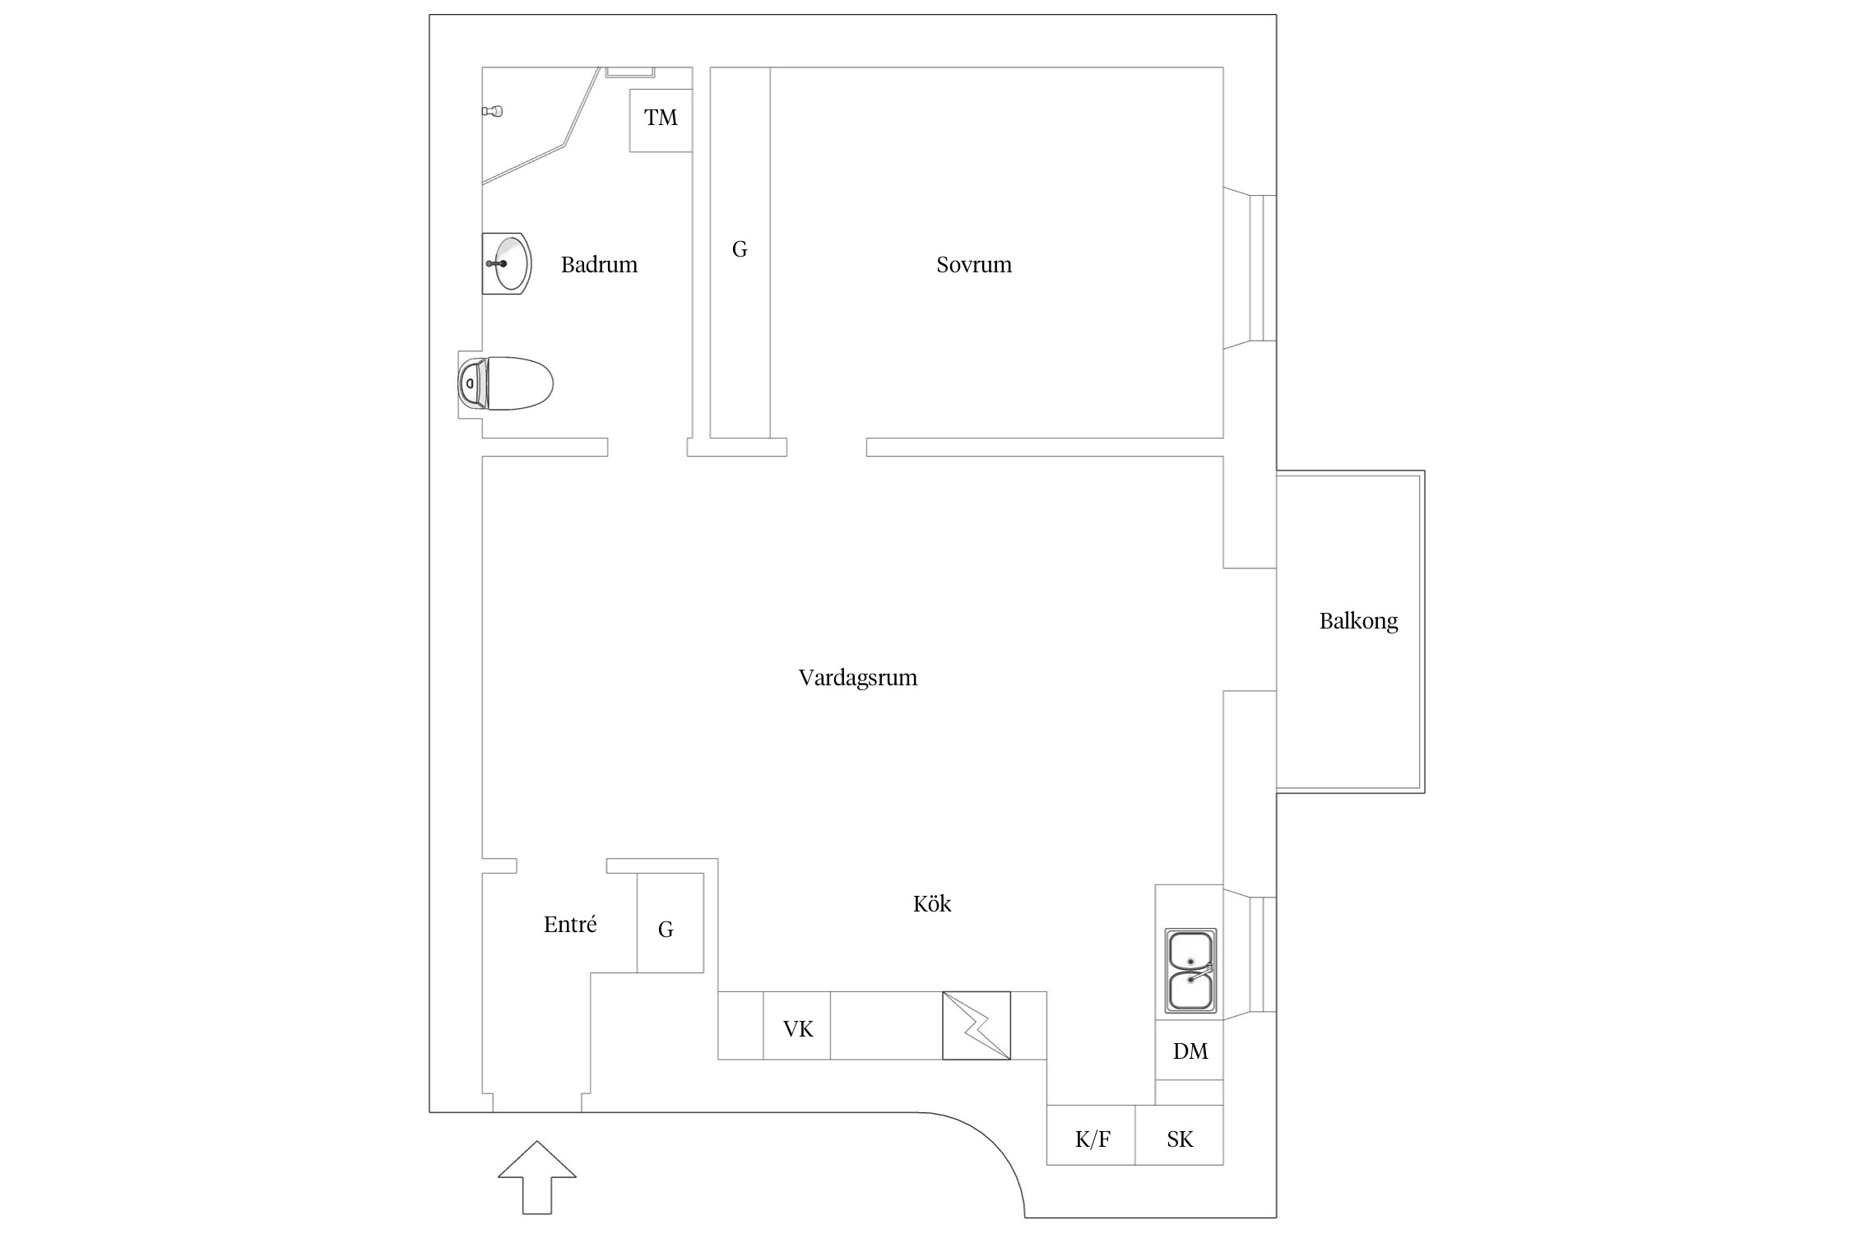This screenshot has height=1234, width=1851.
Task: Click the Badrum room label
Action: pyautogui.click(x=599, y=265)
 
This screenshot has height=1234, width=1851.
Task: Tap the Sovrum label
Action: pyautogui.click(x=974, y=265)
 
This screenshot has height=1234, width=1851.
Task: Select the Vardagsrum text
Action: pyautogui.click(x=858, y=679)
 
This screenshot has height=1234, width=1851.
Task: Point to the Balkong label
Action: pyautogui.click(x=1358, y=621)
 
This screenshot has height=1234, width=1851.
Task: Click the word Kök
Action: pyautogui.click(x=932, y=903)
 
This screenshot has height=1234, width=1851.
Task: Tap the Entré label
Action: pyautogui.click(x=570, y=924)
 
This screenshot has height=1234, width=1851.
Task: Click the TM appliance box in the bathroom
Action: pyautogui.click(x=661, y=120)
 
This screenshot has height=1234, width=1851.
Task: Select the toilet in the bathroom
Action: pyautogui.click(x=505, y=384)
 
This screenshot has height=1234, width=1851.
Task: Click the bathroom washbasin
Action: pyautogui.click(x=506, y=264)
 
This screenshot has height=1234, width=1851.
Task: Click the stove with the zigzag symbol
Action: pyautogui.click(x=977, y=1025)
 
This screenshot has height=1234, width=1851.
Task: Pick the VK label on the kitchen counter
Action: pyautogui.click(x=798, y=1029)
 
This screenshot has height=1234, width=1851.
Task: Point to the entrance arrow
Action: pyautogui.click(x=537, y=1177)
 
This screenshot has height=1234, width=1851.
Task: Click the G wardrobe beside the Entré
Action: pyautogui.click(x=670, y=923)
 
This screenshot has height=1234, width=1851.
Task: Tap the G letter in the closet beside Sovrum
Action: pyautogui.click(x=740, y=249)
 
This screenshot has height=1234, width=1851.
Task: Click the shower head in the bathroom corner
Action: pyautogui.click(x=492, y=111)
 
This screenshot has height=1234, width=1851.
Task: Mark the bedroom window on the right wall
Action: pyautogui.click(x=1250, y=268)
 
